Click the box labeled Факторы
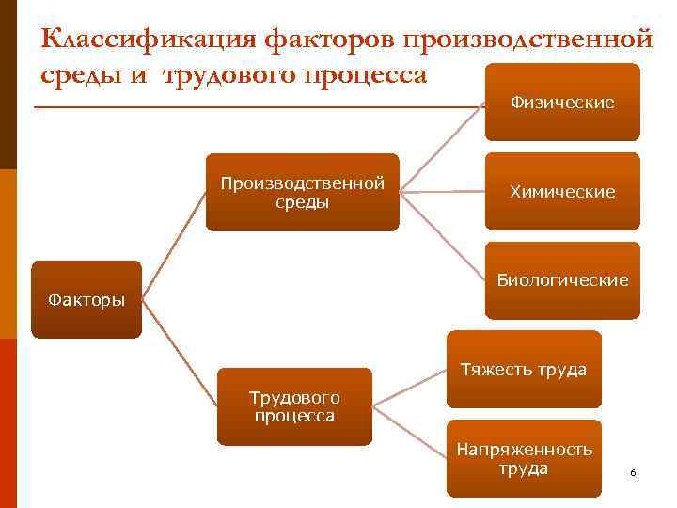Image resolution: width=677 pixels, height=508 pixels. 86,300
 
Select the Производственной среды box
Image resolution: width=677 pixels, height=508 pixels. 302,192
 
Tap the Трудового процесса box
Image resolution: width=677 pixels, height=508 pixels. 294,406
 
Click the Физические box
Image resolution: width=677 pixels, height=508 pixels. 562,102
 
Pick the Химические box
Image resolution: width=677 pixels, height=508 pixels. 562,191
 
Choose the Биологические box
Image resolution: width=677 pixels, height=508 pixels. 562,280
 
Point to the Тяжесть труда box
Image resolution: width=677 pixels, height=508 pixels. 523,369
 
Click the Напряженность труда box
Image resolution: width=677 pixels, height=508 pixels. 523,458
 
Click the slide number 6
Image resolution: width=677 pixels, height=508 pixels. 633,472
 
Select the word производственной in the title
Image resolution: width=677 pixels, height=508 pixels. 527,40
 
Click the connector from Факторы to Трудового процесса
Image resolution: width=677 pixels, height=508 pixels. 179,354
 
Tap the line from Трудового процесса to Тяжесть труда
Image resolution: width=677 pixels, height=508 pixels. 409,389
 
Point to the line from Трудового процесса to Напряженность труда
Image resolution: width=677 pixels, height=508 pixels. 409,433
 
